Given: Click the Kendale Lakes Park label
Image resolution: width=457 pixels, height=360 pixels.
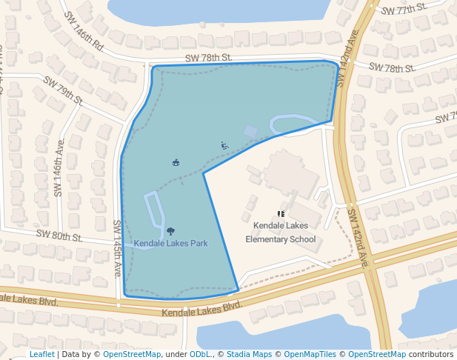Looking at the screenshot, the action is [x=170, y=243].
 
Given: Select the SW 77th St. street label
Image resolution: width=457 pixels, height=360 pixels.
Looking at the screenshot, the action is [x=404, y=10].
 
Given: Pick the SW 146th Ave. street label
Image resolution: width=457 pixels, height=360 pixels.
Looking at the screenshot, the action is [x=59, y=167].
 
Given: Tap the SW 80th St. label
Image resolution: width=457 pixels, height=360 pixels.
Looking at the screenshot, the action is [x=59, y=237].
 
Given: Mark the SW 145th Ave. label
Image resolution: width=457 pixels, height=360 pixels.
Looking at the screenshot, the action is [x=117, y=249].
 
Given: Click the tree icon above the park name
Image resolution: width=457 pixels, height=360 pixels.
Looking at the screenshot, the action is [x=171, y=232].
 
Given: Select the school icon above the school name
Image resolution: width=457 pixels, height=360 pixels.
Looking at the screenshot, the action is [x=281, y=213].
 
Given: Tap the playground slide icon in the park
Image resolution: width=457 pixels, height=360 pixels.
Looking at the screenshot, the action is [x=224, y=145].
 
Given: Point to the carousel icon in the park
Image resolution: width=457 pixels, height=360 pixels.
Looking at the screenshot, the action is [x=176, y=162].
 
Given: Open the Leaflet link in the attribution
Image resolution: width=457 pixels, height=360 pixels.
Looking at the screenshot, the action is [x=41, y=354].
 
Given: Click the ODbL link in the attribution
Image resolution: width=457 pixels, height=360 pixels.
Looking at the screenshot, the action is [x=200, y=354].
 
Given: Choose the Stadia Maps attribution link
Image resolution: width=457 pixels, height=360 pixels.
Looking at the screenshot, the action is [x=248, y=354].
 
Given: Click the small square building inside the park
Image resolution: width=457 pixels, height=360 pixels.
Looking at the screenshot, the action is [x=250, y=132].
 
